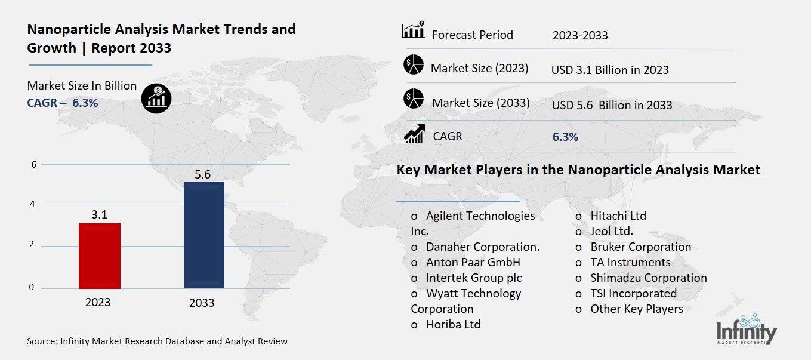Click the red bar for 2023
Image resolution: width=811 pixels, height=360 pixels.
coord(99,256)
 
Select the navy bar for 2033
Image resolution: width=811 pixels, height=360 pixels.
coord(203,235)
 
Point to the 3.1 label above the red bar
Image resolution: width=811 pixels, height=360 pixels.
coord(99,214)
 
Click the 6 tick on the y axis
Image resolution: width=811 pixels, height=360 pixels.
coord(33,165)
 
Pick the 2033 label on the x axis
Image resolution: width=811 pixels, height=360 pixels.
coord(202,303)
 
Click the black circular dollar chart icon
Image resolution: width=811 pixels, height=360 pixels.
coord(156,98)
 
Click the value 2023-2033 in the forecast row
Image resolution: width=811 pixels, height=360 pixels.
coord(580,35)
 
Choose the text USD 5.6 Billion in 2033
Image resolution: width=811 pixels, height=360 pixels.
coord(612,106)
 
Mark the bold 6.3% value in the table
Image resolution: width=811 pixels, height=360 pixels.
coord(565,137)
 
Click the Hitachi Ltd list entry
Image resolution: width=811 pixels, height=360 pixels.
coord(618,216)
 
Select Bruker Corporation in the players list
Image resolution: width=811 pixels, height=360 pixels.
coord(640,247)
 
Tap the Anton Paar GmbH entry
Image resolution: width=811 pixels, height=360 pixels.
coord(473,262)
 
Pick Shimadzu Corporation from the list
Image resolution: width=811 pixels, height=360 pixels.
coord(648,278)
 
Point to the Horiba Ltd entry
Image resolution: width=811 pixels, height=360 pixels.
coord(453,324)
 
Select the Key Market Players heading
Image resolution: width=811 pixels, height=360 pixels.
coord(578,170)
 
